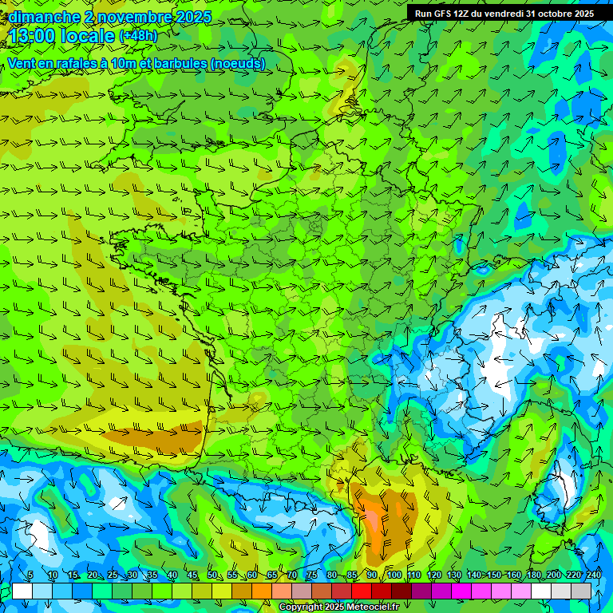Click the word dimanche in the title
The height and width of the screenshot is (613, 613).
point(45,17)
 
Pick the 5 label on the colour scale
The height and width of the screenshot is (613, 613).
point(30,575)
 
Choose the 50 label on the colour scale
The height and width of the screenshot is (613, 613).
point(212,575)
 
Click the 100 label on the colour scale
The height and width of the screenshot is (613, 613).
point(394,575)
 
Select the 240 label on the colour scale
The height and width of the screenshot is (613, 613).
point(594,575)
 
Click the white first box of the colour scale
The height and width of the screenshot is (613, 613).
point(22,591)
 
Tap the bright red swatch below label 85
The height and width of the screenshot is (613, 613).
point(362,591)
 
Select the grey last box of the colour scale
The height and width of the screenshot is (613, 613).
point(581,591)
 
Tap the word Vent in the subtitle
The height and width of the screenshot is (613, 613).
point(22,64)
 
